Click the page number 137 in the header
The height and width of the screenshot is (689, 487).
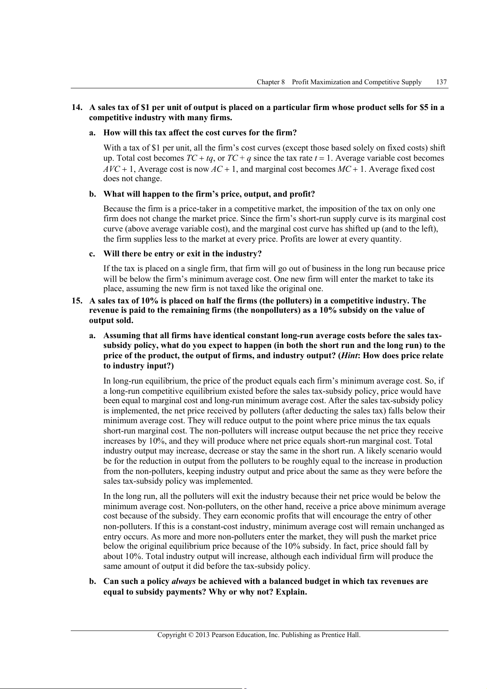point(441,82)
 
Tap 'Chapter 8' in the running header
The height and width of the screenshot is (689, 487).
point(271,82)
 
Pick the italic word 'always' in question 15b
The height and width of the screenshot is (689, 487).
point(184,581)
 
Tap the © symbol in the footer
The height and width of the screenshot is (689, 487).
point(191,635)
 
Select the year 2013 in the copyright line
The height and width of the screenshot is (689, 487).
point(202,635)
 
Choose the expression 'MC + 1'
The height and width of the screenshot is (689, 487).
point(352,169)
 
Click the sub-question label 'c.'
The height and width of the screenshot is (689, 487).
point(92,254)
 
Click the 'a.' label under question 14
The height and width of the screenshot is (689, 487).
point(92,132)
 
